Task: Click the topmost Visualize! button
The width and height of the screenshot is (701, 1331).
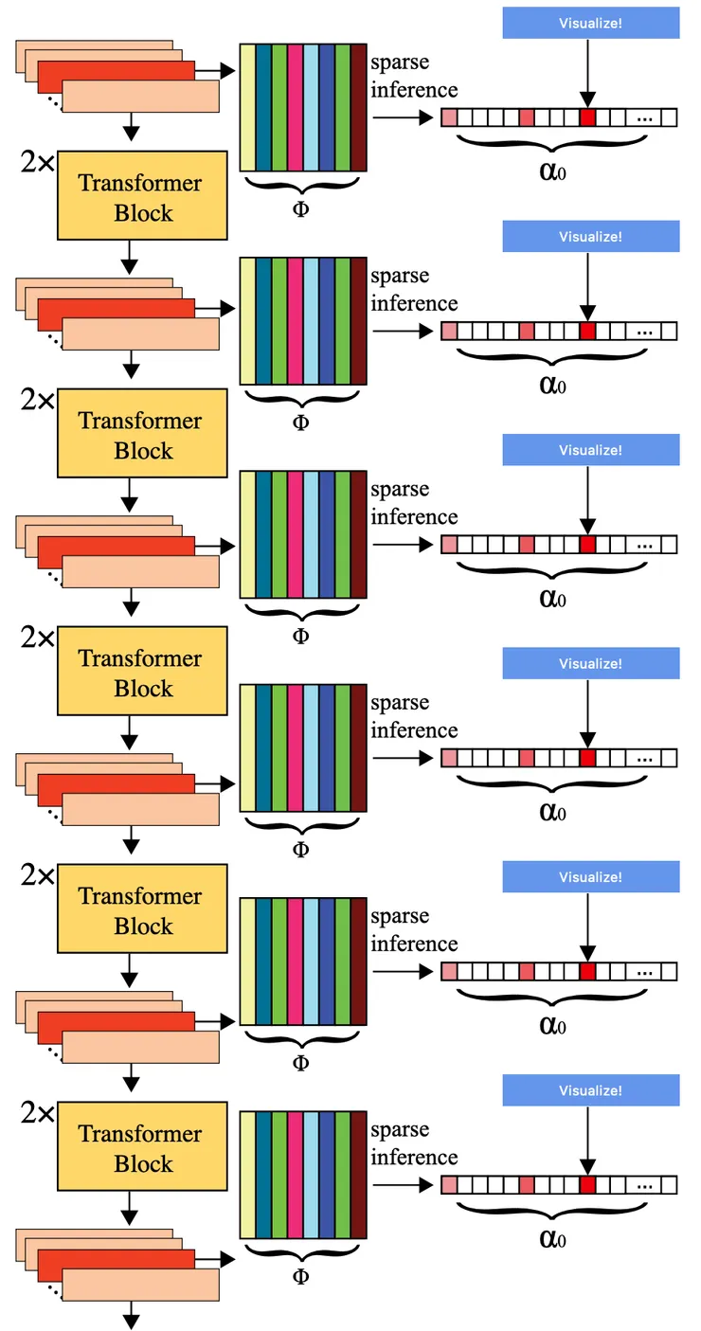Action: [x=590, y=23]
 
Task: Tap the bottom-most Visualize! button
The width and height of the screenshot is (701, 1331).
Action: [x=590, y=1090]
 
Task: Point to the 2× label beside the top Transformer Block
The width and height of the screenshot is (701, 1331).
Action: [x=38, y=163]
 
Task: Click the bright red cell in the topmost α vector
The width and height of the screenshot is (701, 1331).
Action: [x=587, y=117]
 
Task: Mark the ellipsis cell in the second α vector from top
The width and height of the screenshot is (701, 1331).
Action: [x=646, y=332]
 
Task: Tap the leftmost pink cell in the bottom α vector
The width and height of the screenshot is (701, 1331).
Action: [x=449, y=1185]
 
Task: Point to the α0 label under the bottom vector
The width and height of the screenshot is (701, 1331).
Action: [x=552, y=1237]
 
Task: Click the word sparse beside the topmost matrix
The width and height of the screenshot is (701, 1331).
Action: [x=399, y=63]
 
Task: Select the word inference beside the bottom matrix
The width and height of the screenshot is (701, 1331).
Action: [x=414, y=1157]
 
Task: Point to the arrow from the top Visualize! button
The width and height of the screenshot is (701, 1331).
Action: [x=587, y=71]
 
